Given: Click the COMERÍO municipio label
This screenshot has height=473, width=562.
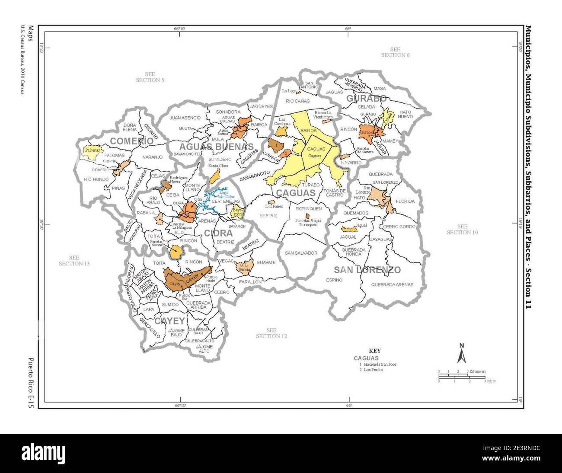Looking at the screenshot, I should tap(131, 141).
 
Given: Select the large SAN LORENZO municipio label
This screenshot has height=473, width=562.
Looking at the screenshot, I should tap(367, 270).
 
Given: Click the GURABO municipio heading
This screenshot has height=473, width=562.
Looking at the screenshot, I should tap(366, 99).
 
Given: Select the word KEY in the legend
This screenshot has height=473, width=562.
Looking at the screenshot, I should tap(374, 351).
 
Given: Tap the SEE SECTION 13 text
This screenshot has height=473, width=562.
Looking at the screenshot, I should tap(73, 260).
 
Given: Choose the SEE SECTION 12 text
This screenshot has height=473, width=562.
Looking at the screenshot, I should tap(271, 333).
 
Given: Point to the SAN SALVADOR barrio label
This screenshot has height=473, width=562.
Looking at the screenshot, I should tap(301, 253).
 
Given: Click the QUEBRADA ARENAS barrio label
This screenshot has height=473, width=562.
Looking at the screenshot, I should tap(392, 284).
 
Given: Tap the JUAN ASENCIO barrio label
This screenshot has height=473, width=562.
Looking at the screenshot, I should tap(185, 118).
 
